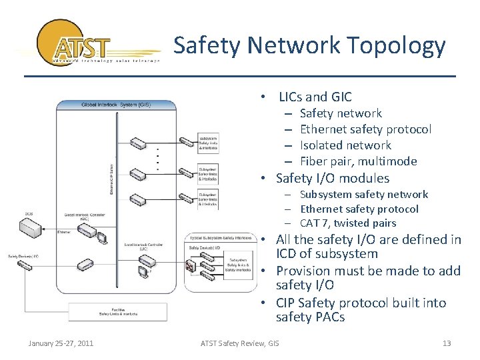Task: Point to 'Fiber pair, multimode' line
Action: pos(358,161)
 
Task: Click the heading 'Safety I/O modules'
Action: pos(332,178)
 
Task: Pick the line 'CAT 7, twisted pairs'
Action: pos(348,223)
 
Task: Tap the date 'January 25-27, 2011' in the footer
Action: pos(61,343)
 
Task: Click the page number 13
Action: pos(447,343)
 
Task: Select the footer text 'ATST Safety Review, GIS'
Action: pos(240,343)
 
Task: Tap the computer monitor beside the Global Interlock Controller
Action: pos(102,237)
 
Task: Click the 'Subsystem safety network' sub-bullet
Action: pos(363,195)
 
